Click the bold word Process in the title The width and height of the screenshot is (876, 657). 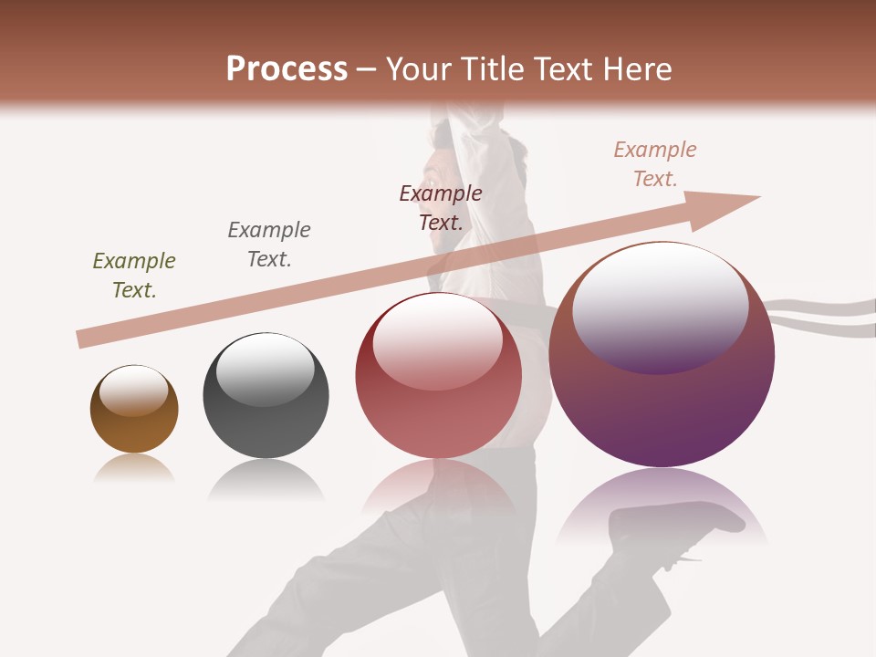287,69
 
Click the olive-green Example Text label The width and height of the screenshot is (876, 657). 134,276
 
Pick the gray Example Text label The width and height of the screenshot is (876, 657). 269,245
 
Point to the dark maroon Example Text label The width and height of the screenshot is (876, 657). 441,208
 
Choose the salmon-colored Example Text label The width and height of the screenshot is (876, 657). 655,164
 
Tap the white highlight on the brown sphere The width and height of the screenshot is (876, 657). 133,391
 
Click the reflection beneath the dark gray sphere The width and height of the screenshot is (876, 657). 266,478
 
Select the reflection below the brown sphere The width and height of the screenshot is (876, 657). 134,467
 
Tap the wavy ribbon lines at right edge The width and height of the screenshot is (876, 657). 821,315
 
